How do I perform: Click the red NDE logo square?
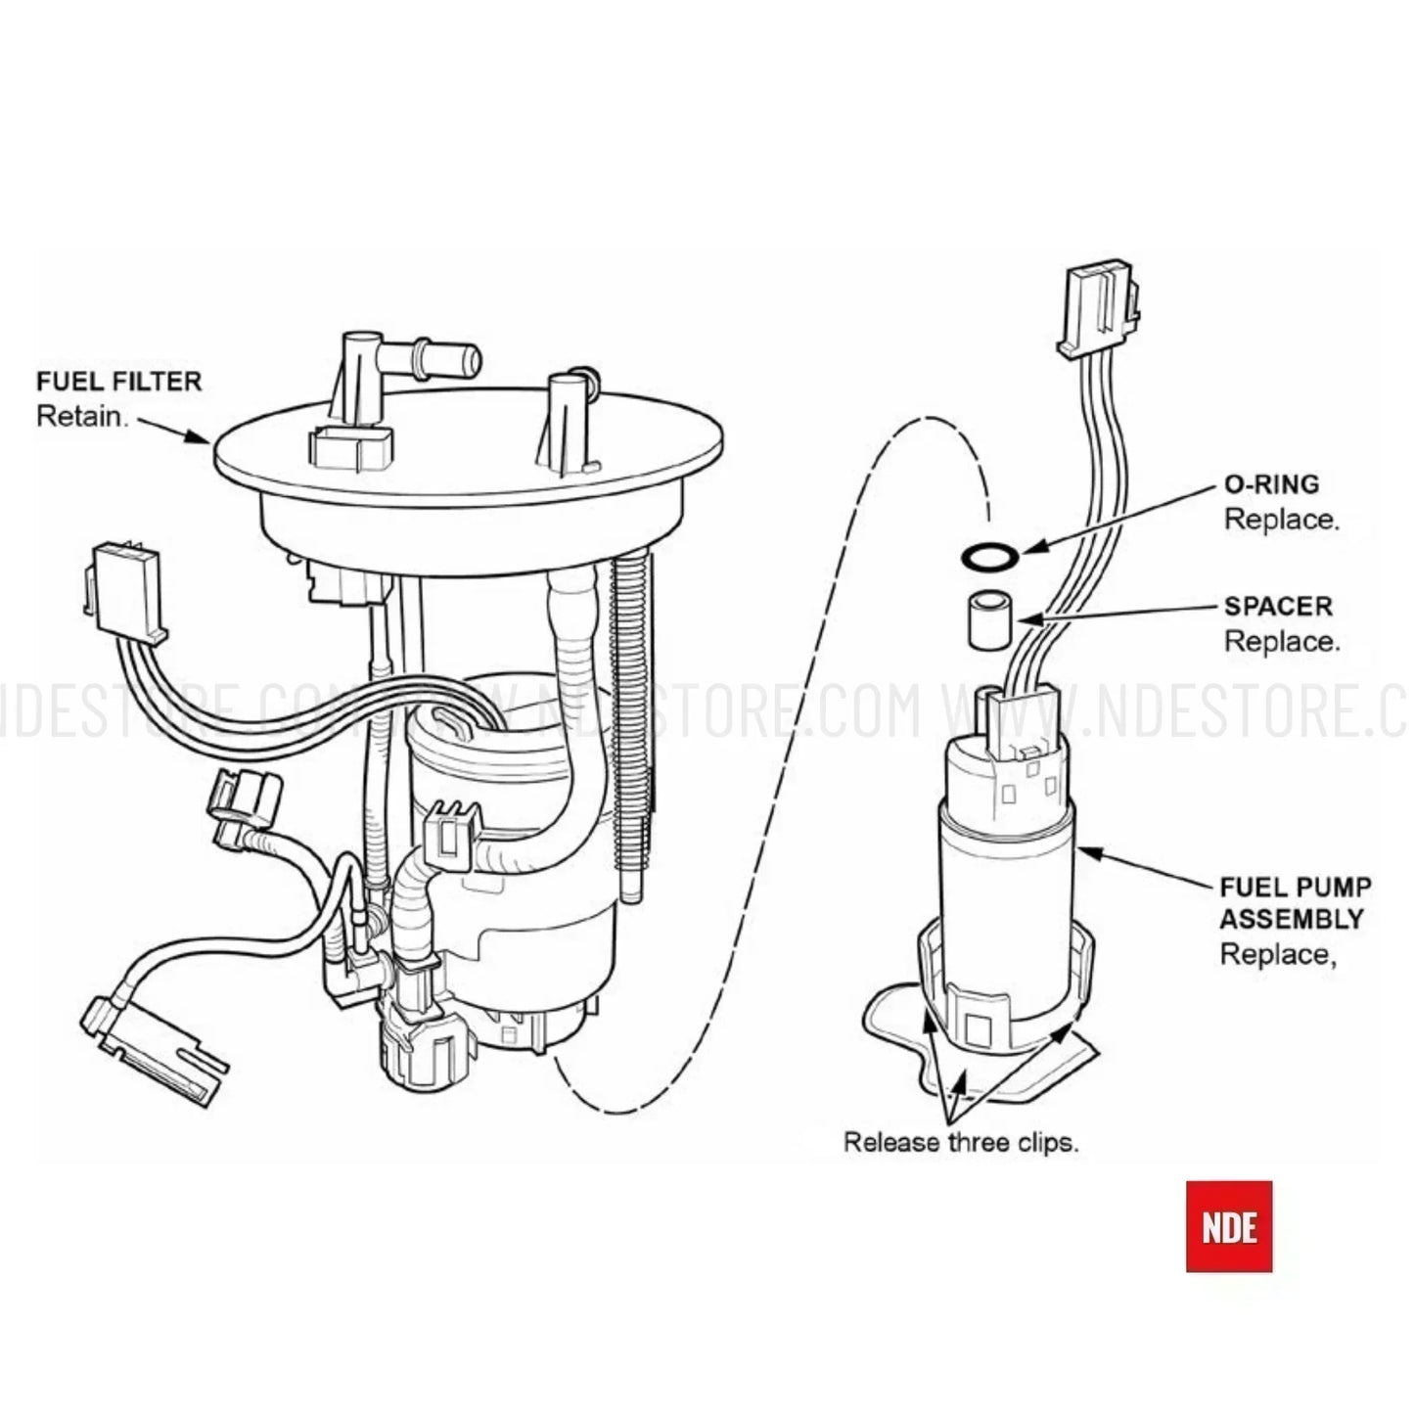click(x=1229, y=1225)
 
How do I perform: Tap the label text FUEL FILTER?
click(x=118, y=381)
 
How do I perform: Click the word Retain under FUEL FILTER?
click(x=82, y=416)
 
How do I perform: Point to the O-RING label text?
click(x=1271, y=484)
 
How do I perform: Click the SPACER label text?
click(x=1278, y=606)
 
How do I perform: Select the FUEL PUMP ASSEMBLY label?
click(x=1295, y=902)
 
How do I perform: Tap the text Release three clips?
click(x=961, y=1142)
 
